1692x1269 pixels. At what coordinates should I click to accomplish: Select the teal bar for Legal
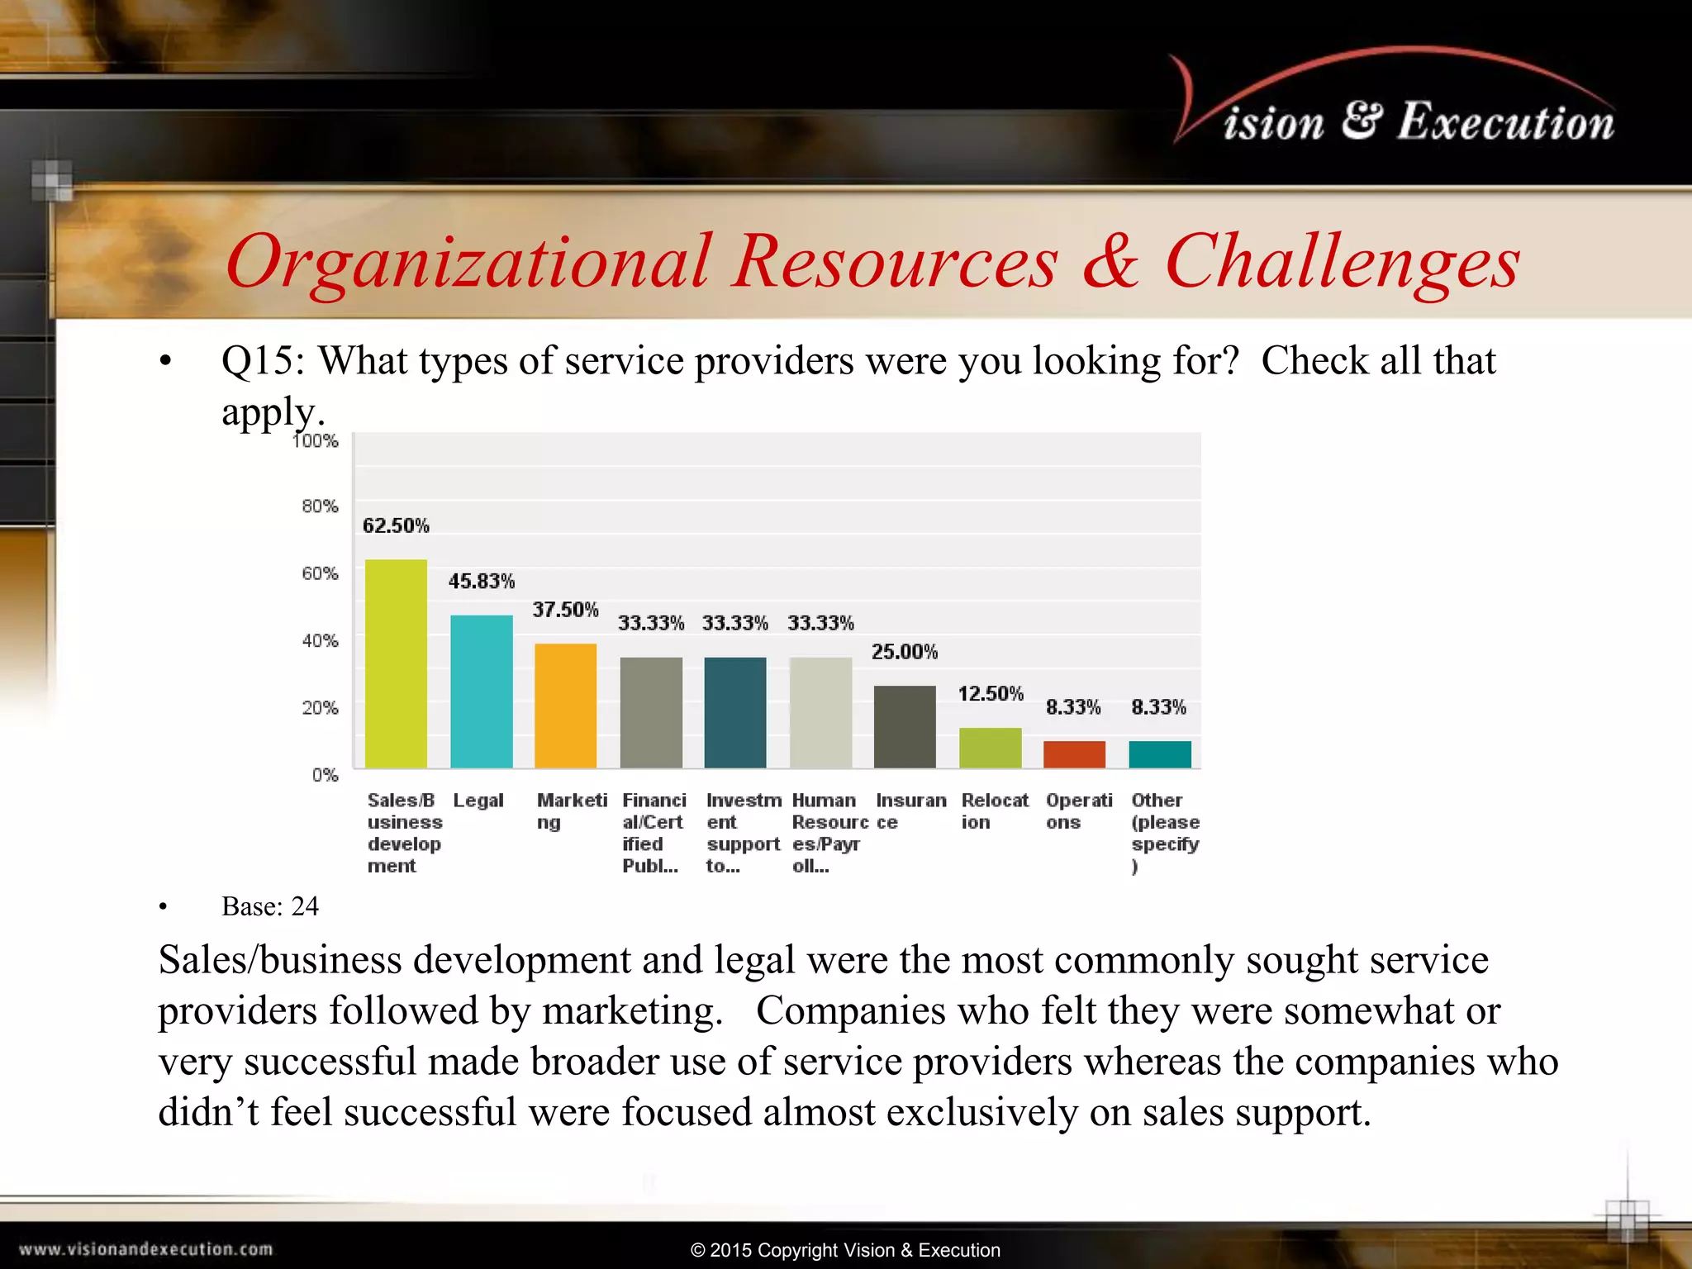481,692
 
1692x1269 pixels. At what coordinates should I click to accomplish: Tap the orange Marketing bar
565,706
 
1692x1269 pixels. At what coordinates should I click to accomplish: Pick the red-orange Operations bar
1074,754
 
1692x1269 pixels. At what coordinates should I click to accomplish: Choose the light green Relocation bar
990,748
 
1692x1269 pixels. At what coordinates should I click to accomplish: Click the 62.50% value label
396,525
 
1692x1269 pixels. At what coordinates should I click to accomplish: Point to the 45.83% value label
481,582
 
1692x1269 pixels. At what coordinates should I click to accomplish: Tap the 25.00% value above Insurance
904,652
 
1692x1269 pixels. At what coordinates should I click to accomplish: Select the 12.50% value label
990,693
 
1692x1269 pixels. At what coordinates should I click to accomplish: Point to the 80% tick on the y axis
320,506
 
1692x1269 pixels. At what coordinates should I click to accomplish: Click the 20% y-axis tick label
320,708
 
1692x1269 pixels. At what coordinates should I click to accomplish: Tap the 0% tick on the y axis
325,775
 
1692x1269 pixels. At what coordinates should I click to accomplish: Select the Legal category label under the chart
478,801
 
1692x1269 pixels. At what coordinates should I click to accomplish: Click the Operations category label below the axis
1078,810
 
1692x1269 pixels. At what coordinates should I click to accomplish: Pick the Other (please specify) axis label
1164,832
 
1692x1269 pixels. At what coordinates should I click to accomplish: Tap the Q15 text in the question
262,361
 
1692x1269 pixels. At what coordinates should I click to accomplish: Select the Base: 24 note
269,906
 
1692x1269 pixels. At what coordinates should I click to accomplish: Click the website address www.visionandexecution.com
145,1249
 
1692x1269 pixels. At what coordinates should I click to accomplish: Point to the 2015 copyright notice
845,1250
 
